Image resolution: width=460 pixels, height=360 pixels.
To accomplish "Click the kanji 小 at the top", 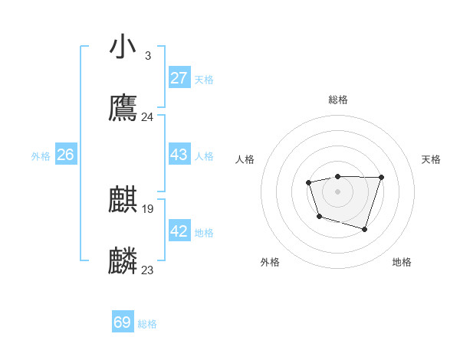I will [x=123, y=46].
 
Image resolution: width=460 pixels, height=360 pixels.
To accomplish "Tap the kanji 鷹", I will [x=123, y=109].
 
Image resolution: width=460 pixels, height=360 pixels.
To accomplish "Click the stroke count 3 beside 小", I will [x=147, y=56].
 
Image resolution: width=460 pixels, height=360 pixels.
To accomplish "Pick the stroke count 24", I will [x=147, y=117].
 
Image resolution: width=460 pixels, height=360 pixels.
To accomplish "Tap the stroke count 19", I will [x=148, y=208].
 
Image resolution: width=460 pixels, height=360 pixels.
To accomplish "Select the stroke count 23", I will [x=147, y=270].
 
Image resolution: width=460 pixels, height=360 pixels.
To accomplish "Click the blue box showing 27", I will [x=179, y=77].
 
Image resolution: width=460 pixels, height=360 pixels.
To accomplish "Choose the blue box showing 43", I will [x=179, y=154].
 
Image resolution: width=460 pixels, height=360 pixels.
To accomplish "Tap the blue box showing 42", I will [x=179, y=231].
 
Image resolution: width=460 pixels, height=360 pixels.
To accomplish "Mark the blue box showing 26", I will [x=65, y=154].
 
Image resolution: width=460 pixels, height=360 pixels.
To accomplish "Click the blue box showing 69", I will [x=122, y=322].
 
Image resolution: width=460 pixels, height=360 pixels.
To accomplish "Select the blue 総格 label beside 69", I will [x=147, y=324].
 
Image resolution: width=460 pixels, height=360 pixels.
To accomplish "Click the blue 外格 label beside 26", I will [x=41, y=156].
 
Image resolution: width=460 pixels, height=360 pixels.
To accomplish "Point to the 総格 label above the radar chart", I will [x=338, y=100].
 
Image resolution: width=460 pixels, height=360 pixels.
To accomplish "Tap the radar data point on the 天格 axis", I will [x=381, y=177].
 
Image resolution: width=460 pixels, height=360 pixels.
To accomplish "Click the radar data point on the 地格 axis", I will [x=365, y=229].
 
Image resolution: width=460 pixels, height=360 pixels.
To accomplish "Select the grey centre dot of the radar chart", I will [x=337, y=191].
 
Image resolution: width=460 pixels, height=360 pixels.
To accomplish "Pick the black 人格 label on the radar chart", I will [x=245, y=159].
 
